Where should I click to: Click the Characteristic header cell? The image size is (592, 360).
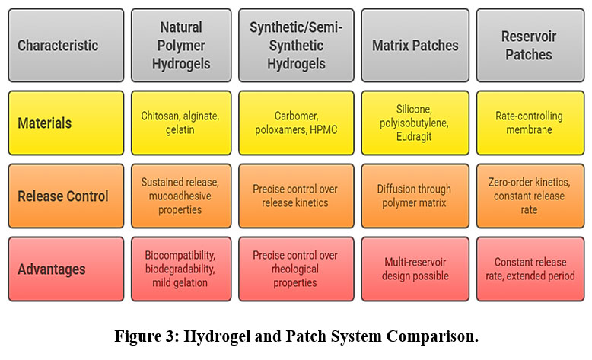tap(65, 45)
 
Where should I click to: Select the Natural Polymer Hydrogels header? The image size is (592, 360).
tap(180, 45)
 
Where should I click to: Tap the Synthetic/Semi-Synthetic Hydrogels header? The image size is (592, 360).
tap(295, 45)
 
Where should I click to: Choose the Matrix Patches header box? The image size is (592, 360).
tap(415, 45)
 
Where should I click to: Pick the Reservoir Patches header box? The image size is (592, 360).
tap(529, 45)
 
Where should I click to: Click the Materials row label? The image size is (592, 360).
tap(65, 123)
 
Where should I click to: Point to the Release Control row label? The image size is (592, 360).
tap(65, 196)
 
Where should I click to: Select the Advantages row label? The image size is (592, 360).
tap(65, 269)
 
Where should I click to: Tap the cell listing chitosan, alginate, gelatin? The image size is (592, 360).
tap(180, 123)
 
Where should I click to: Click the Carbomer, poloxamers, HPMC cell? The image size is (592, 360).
tap(295, 123)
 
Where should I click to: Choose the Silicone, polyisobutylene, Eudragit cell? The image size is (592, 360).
tap(415, 123)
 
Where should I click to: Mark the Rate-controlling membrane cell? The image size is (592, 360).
tap(529, 123)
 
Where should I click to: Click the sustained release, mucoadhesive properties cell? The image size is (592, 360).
tap(180, 196)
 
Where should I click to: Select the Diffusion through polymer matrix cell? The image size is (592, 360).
tap(415, 196)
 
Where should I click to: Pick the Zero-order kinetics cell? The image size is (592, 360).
tap(529, 196)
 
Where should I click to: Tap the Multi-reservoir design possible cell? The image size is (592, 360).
tap(415, 269)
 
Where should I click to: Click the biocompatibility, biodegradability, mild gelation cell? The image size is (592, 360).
tap(180, 269)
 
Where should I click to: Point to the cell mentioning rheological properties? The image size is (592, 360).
tap(295, 269)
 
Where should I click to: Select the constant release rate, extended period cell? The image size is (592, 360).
tap(529, 269)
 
